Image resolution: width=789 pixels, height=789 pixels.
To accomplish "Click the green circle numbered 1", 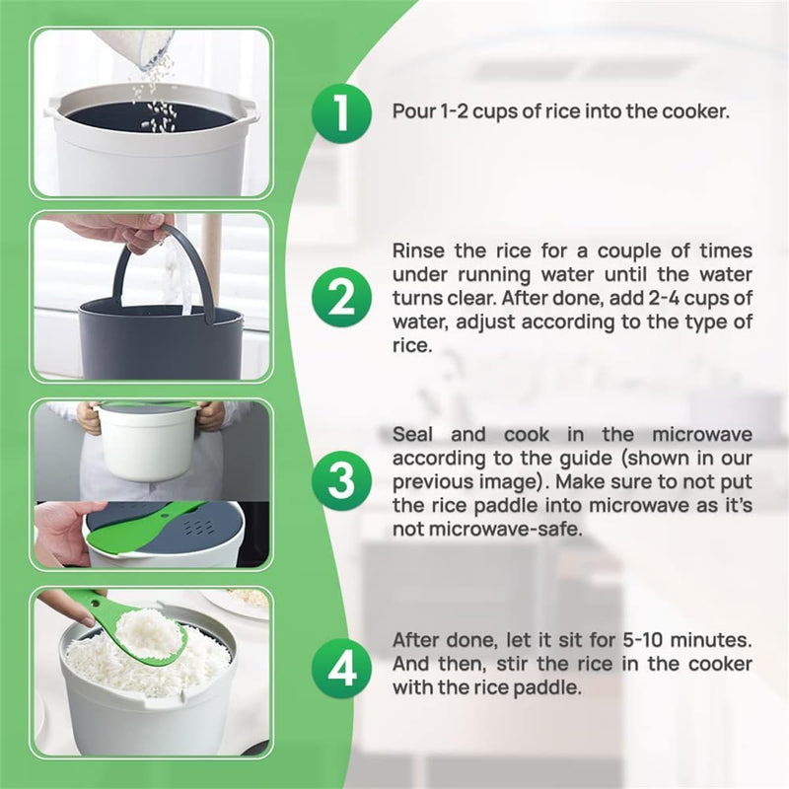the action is click(x=341, y=113).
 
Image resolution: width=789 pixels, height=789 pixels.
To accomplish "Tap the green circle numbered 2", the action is click(x=341, y=298).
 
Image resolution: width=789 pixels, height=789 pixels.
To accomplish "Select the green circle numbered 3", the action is click(x=341, y=481).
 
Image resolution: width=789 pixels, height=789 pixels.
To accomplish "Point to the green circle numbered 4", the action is click(x=341, y=669).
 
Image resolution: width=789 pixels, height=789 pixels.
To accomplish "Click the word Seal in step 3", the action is click(x=412, y=435).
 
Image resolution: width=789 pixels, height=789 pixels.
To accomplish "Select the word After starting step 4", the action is click(x=416, y=640).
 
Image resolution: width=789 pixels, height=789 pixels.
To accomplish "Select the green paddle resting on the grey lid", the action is click(x=146, y=526).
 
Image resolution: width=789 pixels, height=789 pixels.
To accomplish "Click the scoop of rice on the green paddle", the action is click(x=150, y=631).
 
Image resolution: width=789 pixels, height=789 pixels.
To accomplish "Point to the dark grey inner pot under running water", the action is click(x=161, y=338).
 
